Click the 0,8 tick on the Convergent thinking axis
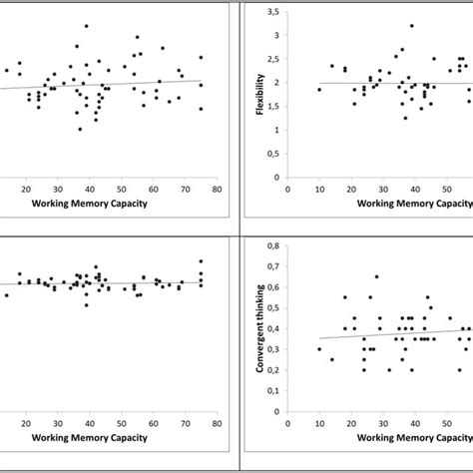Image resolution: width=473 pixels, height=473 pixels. (x=274, y=245)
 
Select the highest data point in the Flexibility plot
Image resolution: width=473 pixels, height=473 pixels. (x=411, y=26)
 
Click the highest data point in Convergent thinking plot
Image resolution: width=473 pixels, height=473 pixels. (x=376, y=276)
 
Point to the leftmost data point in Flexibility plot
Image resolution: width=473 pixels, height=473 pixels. (x=319, y=89)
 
